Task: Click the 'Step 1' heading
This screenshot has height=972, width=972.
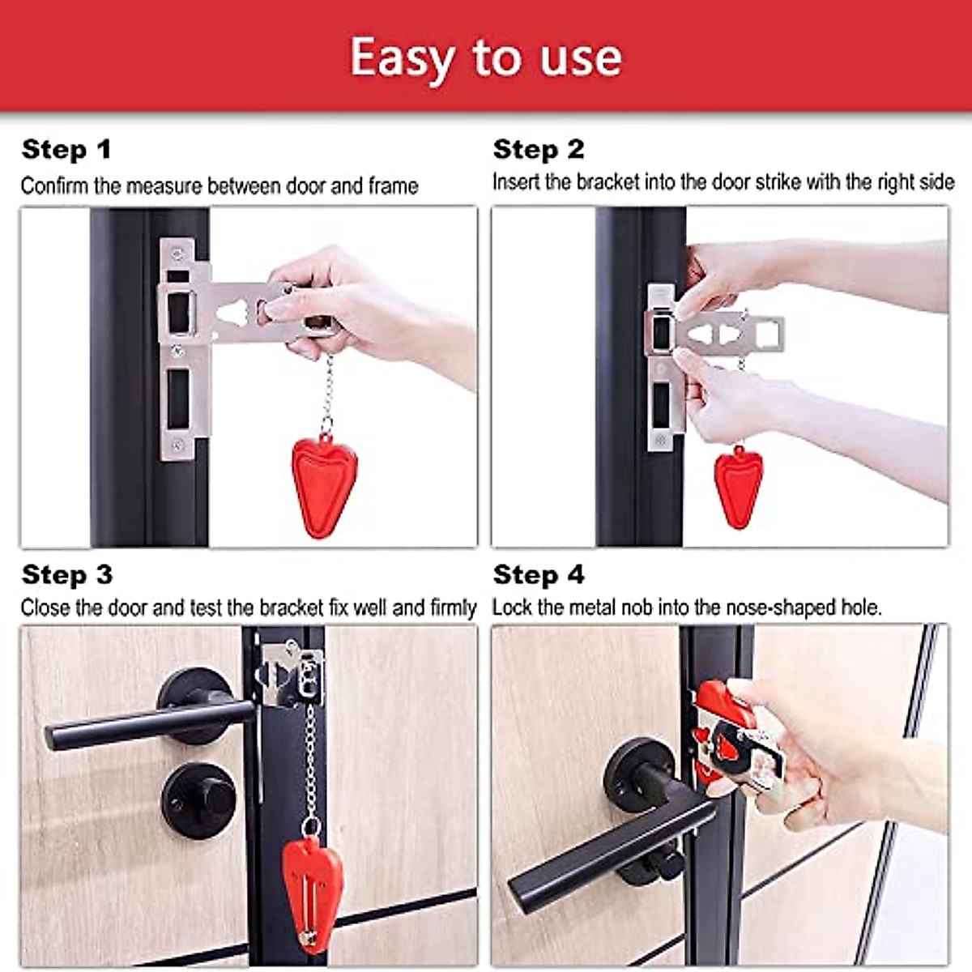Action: pos(66,150)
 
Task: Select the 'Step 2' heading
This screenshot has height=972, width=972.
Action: pos(539,150)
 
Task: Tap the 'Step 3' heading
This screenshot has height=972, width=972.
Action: pos(67,575)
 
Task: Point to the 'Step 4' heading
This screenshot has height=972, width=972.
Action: pos(539,575)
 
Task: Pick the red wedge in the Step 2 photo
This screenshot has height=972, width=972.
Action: pos(738,486)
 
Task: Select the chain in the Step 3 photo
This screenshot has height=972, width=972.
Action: pos(309,761)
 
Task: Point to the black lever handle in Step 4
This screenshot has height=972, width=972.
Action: pos(607,850)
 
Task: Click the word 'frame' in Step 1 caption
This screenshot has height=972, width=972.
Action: pos(393,186)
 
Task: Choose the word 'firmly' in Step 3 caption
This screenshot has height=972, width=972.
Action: pos(453,607)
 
